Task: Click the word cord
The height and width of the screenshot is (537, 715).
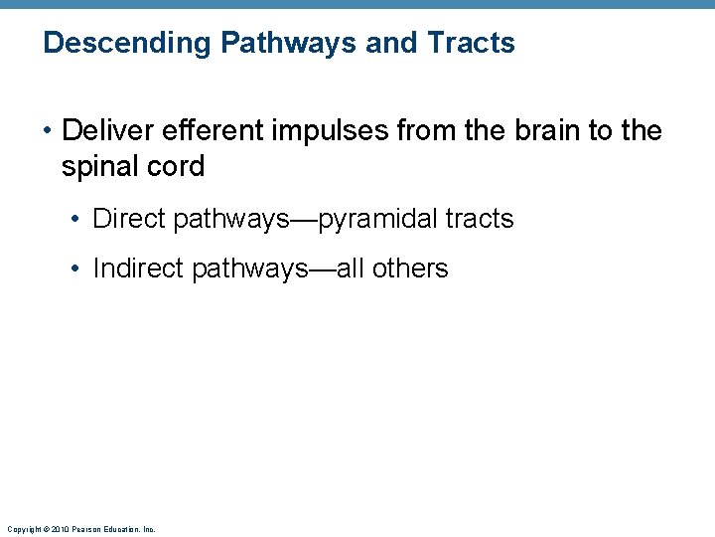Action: (x=177, y=166)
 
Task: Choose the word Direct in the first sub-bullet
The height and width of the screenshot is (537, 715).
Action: (x=129, y=219)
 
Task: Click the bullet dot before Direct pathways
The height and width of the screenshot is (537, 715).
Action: (x=78, y=220)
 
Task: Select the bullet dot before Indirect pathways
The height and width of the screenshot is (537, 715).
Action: (x=78, y=269)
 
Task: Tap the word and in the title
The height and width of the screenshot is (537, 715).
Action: (x=389, y=43)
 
